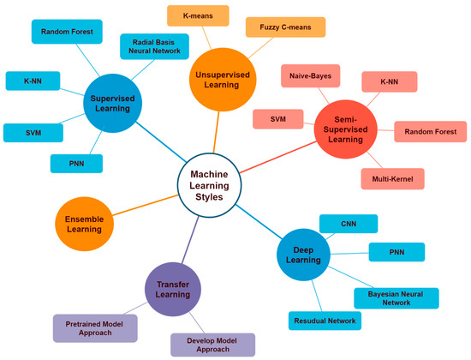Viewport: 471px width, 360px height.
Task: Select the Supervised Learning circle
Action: pyautogui.click(x=122, y=104)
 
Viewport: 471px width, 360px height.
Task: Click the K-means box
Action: pyautogui.click(x=198, y=15)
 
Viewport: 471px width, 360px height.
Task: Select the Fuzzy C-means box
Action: pyautogui.click(x=279, y=28)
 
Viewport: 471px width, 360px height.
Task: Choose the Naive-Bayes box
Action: pyautogui.click(x=309, y=76)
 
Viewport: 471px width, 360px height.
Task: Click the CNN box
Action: pyautogui.click(x=348, y=224)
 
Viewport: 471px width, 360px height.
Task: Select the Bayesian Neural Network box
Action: pyautogui.click(x=396, y=297)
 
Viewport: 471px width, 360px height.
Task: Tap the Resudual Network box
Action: pyautogui.click(x=324, y=321)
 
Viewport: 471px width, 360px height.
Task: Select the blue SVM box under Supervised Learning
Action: pyautogui.click(x=33, y=132)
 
